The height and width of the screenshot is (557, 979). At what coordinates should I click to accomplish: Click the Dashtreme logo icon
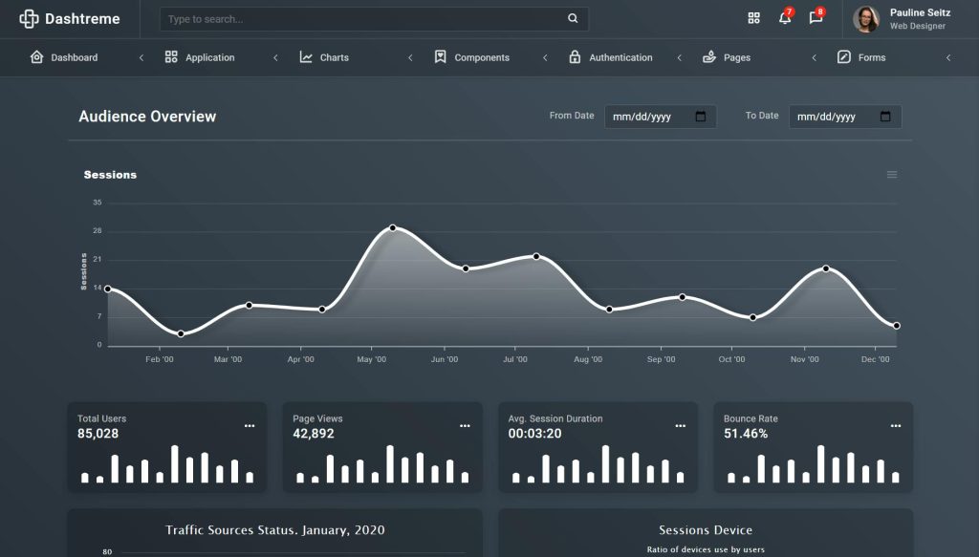tap(29, 18)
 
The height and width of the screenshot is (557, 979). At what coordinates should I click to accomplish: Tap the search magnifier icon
tap(573, 18)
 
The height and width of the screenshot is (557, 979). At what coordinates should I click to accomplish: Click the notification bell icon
tap(785, 18)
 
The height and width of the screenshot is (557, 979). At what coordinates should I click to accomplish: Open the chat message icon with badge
tap(816, 18)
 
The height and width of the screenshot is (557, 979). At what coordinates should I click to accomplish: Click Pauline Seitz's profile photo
tap(866, 19)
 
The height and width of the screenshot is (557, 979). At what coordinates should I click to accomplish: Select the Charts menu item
tap(334, 57)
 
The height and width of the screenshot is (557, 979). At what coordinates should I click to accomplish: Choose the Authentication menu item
tap(620, 57)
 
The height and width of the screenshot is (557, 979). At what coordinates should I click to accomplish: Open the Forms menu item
tap(871, 57)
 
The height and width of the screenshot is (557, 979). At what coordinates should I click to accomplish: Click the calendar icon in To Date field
tap(885, 117)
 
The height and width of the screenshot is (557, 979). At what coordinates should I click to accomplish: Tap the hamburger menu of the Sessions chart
tap(892, 175)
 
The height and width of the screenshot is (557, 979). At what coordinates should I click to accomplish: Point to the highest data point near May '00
tap(393, 228)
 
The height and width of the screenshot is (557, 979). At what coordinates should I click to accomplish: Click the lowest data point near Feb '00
tap(181, 333)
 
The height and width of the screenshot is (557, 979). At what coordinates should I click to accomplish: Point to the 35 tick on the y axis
tap(98, 203)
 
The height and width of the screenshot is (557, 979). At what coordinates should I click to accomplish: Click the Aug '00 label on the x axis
tap(588, 360)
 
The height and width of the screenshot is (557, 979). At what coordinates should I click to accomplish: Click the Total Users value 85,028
tap(98, 434)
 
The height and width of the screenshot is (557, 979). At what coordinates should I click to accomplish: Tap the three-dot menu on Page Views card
tap(465, 426)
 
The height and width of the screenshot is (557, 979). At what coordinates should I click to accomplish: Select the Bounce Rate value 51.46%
tap(746, 434)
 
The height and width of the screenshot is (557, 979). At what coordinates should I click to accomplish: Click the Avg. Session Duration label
tap(555, 418)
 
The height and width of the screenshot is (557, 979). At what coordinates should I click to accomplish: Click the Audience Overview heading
tap(147, 117)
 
